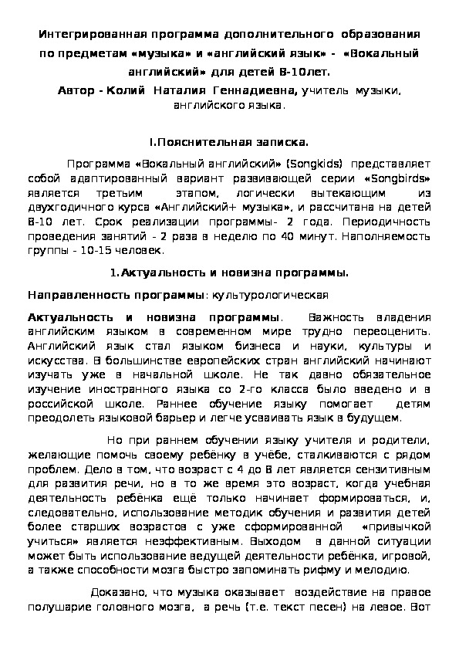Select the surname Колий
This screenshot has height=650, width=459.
pos(128,91)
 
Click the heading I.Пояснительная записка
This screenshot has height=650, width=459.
pos(228,142)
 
